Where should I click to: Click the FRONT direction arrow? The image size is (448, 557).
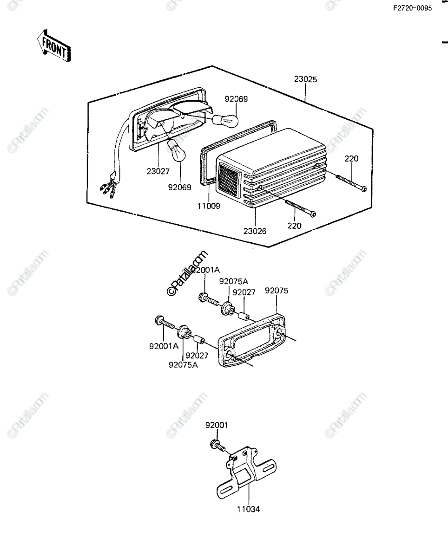(x=54, y=46)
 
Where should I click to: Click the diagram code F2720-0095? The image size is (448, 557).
(x=413, y=8)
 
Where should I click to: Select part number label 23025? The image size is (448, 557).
(x=305, y=79)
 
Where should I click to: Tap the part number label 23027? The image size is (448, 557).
(x=158, y=171)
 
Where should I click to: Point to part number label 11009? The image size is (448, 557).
(x=209, y=206)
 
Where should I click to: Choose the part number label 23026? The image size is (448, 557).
(x=255, y=231)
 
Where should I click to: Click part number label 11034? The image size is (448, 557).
(x=248, y=509)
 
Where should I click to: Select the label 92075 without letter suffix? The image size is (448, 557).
(x=277, y=291)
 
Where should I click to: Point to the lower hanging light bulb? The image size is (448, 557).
(x=177, y=150)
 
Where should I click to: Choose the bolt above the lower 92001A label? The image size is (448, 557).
(x=165, y=322)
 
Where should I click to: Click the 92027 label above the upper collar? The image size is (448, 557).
(x=244, y=292)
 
